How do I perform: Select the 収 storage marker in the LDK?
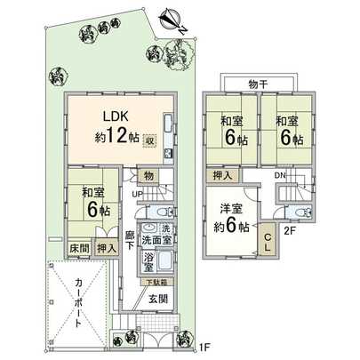tap(150, 140)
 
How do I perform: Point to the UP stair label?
tap(138, 195)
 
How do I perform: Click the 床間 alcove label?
tap(79, 248)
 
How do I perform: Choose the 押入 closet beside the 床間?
tap(105, 248)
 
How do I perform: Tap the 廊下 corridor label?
tap(130, 242)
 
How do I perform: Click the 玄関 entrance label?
tap(157, 298)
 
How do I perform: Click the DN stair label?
tap(278, 176)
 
